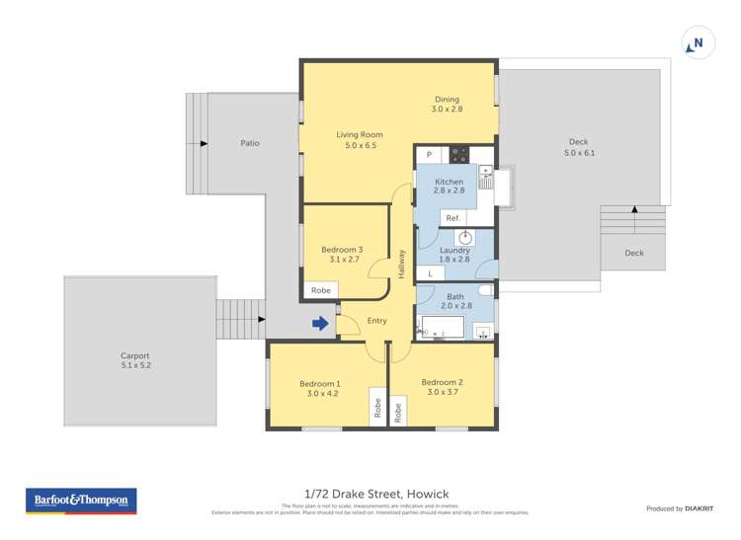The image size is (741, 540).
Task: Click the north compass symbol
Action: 698,43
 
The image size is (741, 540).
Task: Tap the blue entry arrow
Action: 321,323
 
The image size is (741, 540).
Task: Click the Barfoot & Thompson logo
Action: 81,501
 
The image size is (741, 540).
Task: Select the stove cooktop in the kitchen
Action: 459,154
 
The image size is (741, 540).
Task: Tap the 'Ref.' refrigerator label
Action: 453,218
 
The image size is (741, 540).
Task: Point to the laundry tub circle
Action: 466,237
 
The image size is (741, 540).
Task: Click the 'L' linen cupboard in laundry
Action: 431,273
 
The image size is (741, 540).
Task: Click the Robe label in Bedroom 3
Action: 321,290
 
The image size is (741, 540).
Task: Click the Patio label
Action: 250,143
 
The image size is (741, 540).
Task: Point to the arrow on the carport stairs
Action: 260,319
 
